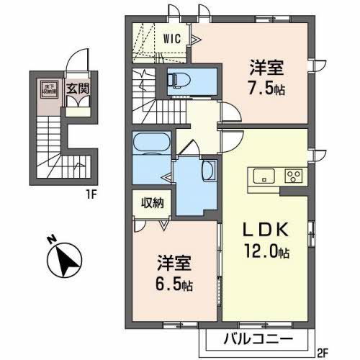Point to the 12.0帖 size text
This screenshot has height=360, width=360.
pos(266,253)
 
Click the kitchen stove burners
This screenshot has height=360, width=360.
pos(294,176)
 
